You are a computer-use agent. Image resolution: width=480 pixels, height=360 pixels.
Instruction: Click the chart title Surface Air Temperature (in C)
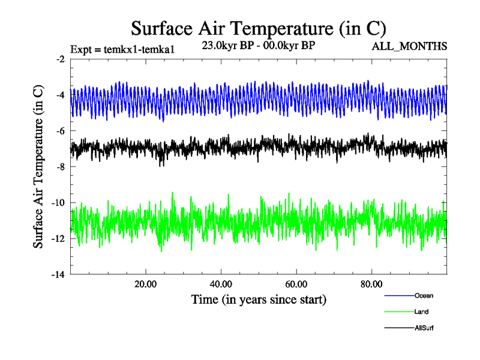point(258,28)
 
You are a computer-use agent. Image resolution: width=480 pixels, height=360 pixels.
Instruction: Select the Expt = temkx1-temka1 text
point(122,49)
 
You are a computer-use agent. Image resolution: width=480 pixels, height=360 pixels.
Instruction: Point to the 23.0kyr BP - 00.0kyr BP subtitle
point(258,45)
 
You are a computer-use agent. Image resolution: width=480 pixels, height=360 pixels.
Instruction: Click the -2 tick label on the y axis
point(60,59)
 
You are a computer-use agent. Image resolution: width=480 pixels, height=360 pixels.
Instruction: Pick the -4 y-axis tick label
point(60,95)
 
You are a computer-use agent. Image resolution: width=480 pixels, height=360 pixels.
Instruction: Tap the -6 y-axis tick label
point(60,131)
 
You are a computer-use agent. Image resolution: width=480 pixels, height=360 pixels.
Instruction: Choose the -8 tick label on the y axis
point(60,167)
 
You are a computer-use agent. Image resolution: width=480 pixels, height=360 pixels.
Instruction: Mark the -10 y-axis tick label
point(58,203)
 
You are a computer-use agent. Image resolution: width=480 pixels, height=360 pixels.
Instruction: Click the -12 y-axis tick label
point(58,239)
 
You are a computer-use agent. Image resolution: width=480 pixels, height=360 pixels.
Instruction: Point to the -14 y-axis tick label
point(58,275)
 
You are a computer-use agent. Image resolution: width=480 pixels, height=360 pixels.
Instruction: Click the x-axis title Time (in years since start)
point(259,298)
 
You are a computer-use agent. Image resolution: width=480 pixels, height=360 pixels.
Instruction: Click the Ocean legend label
point(424,295)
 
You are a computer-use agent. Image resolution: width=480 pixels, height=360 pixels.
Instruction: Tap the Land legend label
point(421,311)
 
